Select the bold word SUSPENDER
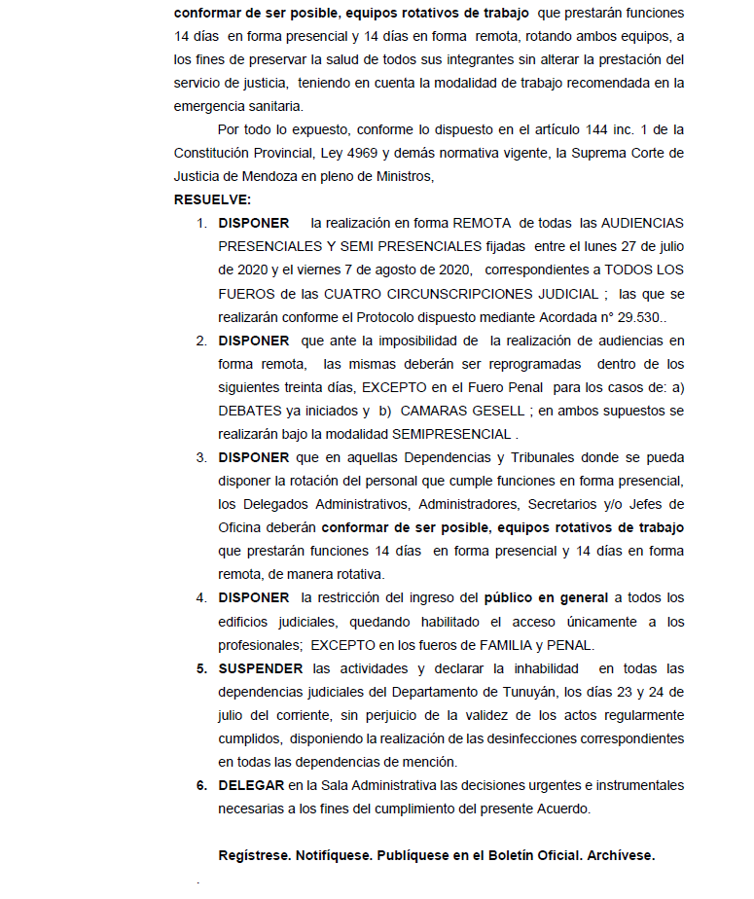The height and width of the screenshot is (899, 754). [261, 668]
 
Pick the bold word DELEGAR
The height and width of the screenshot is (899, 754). [250, 785]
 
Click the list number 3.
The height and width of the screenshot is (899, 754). [201, 457]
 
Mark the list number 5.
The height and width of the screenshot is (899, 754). [201, 668]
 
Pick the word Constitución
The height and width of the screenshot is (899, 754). [214, 153]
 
